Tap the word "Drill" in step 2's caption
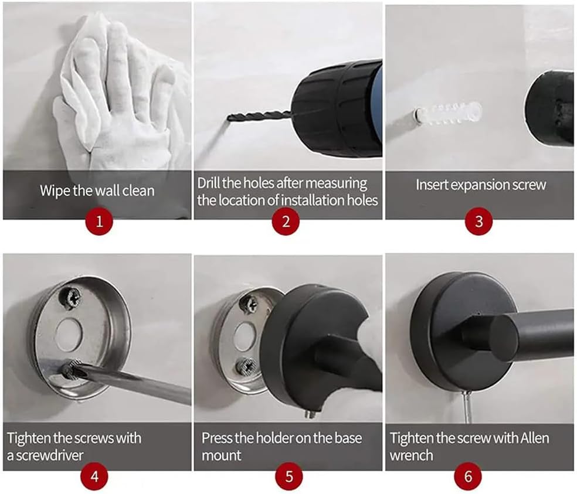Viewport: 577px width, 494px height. click(x=210, y=183)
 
